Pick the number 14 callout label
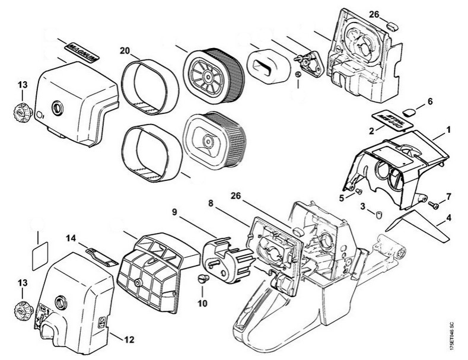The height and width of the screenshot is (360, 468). coord(72,238)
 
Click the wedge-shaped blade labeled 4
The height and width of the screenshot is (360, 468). coord(415,226)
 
